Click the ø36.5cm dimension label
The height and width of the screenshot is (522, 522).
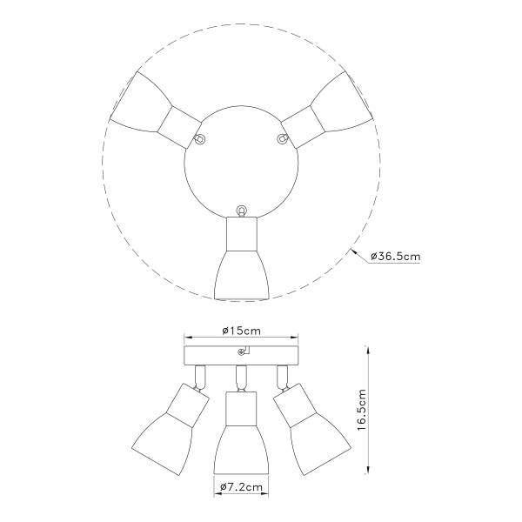click(x=396, y=257)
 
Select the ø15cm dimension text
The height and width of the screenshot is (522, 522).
click(x=241, y=331)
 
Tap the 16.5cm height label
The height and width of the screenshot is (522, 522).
click(x=361, y=410)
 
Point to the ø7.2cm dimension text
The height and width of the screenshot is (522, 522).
click(x=241, y=487)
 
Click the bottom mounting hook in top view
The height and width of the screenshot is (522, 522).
click(x=241, y=211)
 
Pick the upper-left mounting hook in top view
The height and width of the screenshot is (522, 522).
click(x=200, y=138)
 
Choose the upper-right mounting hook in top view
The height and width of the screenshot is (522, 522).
click(x=283, y=138)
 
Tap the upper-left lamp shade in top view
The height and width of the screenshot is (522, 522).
click(x=140, y=103)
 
